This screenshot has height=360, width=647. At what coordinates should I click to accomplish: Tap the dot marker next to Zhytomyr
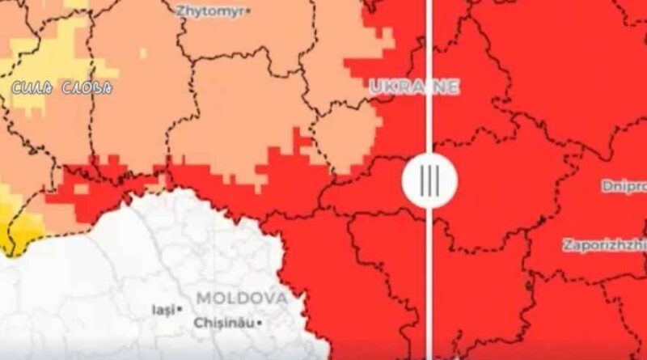pos(248,11)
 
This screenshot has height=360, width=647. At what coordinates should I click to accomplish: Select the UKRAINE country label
pos(414,87)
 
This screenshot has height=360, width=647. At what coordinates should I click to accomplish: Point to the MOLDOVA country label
pos(241,298)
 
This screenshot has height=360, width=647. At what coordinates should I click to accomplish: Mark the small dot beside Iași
pos(181,309)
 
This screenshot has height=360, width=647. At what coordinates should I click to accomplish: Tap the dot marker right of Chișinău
pos(260,323)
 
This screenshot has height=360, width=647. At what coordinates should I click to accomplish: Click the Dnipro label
pos(624,186)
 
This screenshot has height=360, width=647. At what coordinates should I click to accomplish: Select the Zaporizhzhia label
pos(604,244)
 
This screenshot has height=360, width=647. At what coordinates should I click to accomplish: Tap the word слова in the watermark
pos(87,87)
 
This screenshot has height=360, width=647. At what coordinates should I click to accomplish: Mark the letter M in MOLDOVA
pos(202,298)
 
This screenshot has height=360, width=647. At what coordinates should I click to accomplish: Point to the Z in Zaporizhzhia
pos(566,244)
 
